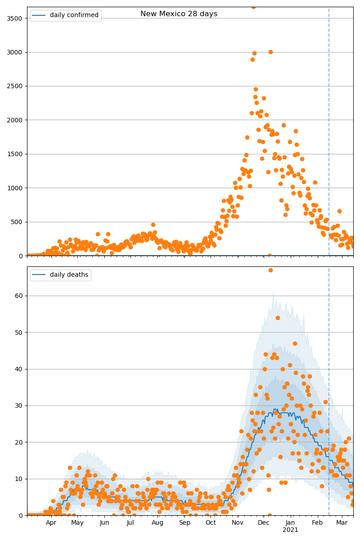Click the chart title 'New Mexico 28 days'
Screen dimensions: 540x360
pos(179,14)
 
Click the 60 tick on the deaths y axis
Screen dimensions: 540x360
pos(20,296)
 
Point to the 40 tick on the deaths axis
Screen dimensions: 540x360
pos(20,369)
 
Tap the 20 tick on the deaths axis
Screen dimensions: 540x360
pos(20,442)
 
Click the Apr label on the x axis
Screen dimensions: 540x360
pos(51,523)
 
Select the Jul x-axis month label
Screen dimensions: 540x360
pos(130,523)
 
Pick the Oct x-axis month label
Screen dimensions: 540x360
pos(211,523)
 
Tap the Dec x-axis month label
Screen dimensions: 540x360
pos(264,523)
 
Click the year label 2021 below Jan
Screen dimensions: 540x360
pos(290,530)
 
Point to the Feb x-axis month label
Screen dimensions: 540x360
pos(317,523)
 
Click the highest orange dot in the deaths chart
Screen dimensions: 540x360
pos(270,270)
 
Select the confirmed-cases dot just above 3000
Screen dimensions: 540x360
pos(270,52)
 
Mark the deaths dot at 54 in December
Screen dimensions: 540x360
pos(278,318)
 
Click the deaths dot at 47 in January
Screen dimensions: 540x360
pos(295,343)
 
